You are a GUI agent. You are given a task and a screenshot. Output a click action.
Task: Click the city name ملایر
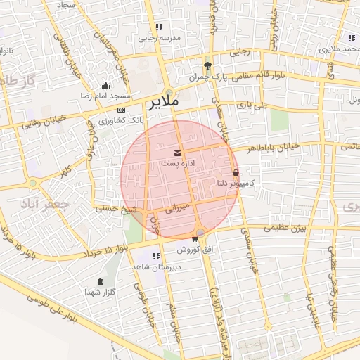click(x=163, y=103)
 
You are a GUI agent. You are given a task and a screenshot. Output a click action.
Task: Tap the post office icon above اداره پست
click(x=176, y=153)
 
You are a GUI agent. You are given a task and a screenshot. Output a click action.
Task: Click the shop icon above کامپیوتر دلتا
click(x=235, y=172)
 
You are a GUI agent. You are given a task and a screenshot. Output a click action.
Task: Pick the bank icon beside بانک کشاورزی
click(x=122, y=110)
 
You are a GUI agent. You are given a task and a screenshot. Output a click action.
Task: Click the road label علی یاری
click(x=252, y=105)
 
